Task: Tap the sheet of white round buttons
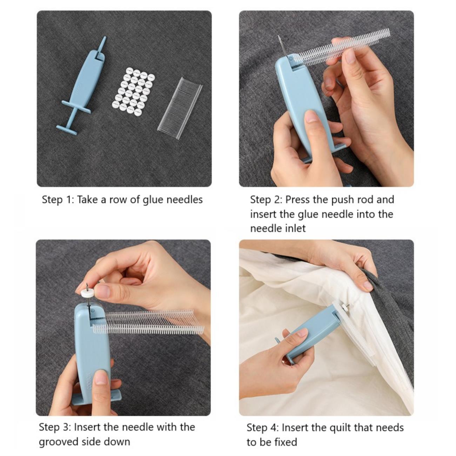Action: click(x=134, y=92)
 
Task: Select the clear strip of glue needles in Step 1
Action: click(x=180, y=108)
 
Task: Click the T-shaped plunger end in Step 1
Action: click(x=67, y=130)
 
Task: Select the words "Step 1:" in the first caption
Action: click(x=58, y=200)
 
